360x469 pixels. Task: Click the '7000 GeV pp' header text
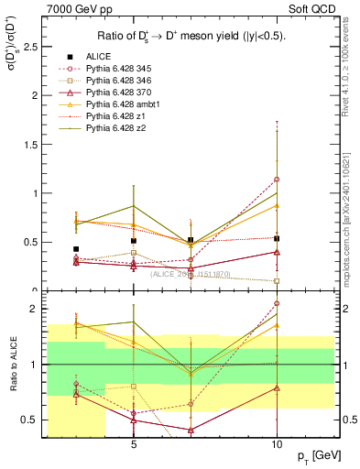[x=78, y=8]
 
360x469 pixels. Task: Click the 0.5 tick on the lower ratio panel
[x=32, y=420]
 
